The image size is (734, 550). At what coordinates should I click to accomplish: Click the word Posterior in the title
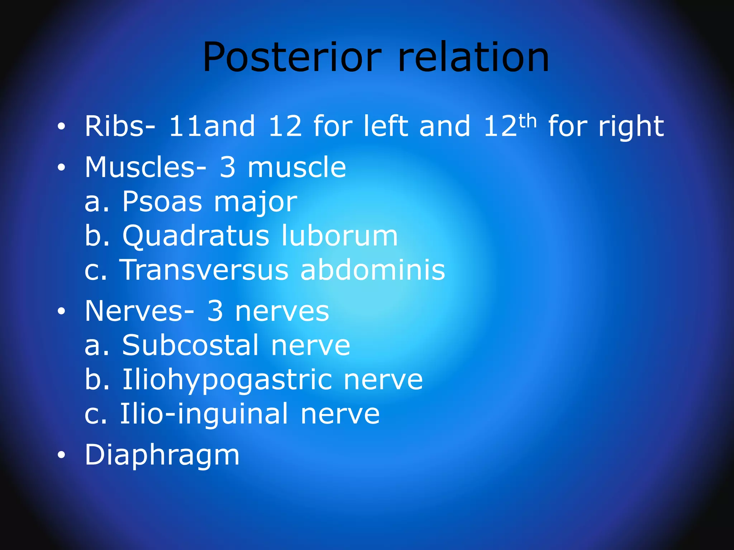[x=292, y=57]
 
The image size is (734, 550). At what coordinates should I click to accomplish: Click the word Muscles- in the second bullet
[x=146, y=167]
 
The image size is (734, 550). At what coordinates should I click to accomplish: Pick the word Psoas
[x=162, y=202]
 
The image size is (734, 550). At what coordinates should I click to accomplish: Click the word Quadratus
[x=196, y=236]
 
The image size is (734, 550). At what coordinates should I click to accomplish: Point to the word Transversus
[x=204, y=270]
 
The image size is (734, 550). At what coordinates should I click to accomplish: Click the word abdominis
[x=373, y=270]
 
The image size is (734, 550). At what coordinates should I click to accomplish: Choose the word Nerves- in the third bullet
[x=139, y=311]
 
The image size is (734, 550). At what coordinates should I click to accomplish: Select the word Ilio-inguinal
[x=204, y=414]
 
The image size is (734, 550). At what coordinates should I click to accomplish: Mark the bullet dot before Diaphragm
[x=61, y=455]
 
